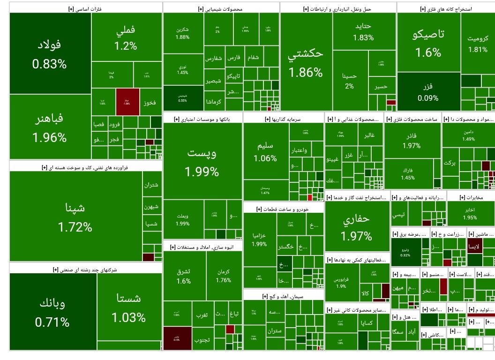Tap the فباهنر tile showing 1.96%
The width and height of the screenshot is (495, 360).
pos(49,127)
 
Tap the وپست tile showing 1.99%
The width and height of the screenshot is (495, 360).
pos(202,162)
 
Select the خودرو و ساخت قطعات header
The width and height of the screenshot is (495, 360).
pos(283,209)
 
